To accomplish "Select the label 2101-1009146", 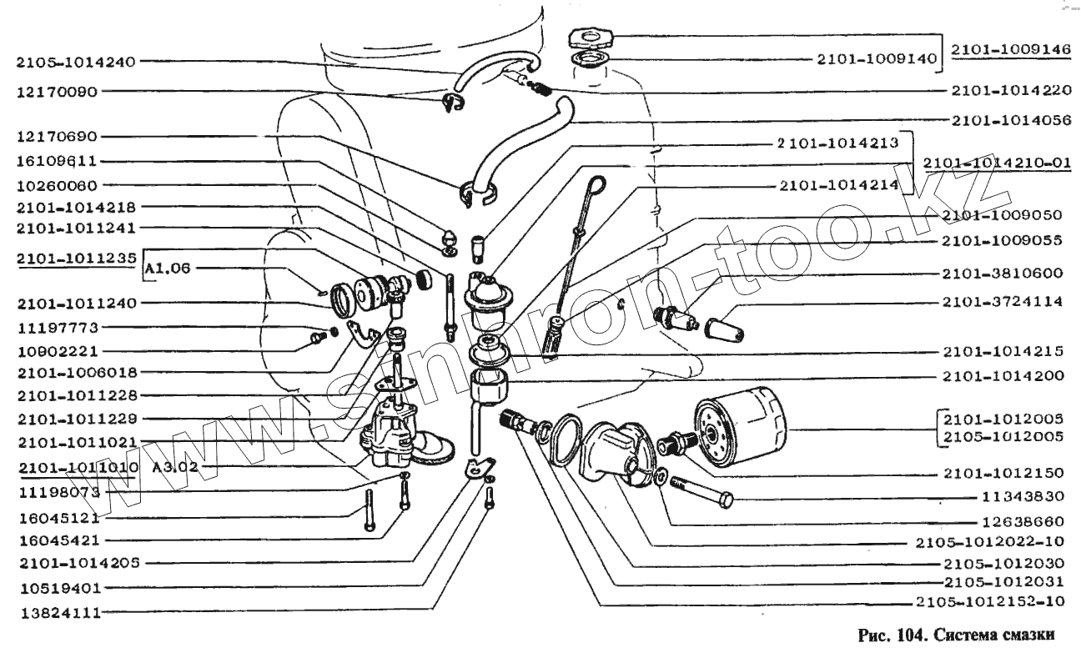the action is pos(1011,49).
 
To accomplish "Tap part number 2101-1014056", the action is pos(1011,120).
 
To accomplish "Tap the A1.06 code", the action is pos(168,269).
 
